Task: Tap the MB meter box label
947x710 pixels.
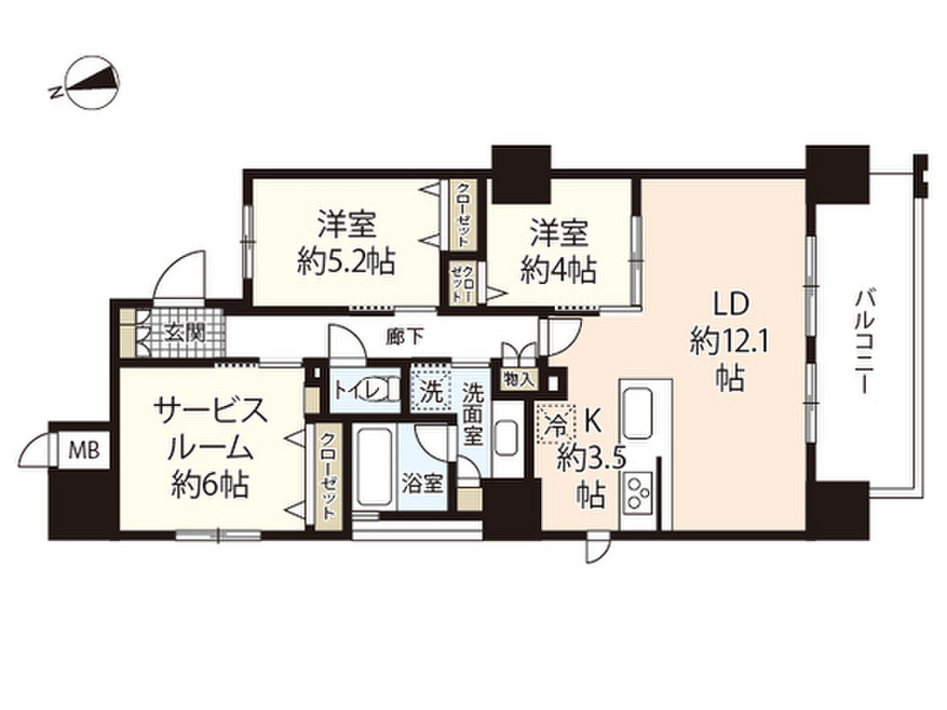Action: coord(86,450)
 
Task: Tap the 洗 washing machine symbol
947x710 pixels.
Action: coord(430,389)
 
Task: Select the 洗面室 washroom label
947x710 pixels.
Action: coord(473,413)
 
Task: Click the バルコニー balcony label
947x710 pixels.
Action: coord(866,342)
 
